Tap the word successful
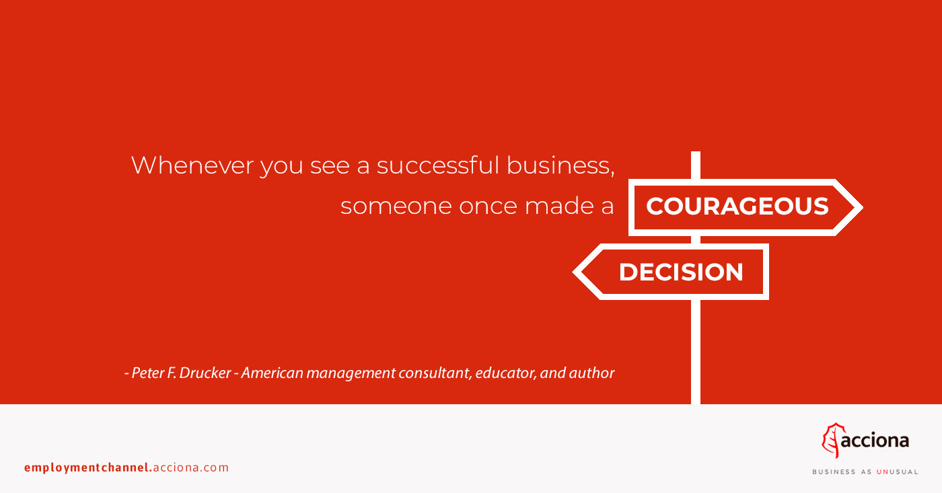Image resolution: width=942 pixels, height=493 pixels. tap(438, 165)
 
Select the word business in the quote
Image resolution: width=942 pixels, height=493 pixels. tap(560, 165)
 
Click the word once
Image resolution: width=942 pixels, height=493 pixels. tap(488, 206)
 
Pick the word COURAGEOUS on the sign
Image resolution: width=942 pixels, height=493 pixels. tap(737, 206)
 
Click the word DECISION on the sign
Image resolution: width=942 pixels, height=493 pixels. tap(681, 272)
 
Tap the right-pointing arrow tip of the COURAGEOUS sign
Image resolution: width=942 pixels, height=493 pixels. tap(863, 207)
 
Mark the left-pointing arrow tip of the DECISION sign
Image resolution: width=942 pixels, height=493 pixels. tap(573, 272)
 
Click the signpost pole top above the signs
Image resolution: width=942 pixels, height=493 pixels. tap(696, 152)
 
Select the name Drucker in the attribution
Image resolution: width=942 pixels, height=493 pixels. tap(205, 373)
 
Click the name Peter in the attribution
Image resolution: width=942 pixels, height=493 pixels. tap(147, 373)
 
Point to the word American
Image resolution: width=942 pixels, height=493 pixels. tap(272, 373)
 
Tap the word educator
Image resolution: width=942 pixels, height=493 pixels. tap(505, 373)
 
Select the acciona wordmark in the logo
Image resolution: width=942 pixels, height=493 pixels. tap(875, 441)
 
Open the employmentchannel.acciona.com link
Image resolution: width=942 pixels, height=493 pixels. tap(126, 467)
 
